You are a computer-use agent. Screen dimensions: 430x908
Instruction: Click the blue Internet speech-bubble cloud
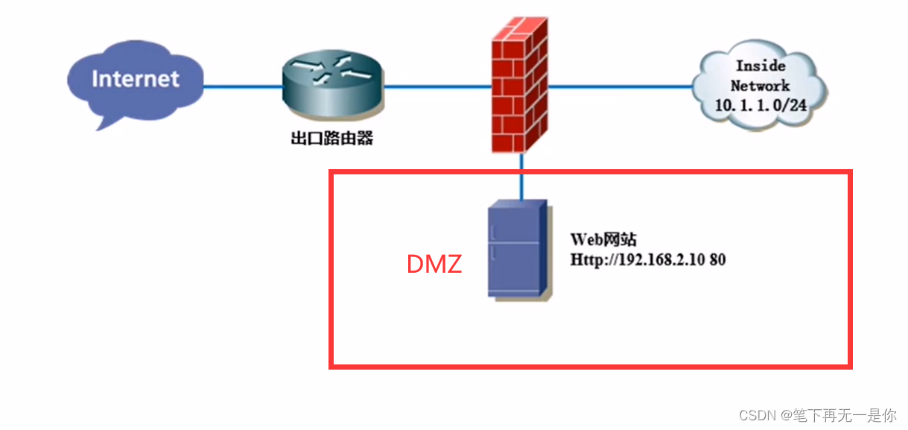point(135,83)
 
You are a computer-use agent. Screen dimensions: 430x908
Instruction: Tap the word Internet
point(136,79)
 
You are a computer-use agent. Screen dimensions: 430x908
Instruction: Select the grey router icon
point(332,87)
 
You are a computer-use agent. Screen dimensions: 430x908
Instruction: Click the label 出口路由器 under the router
point(331,139)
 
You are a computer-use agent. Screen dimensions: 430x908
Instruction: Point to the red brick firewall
point(520,85)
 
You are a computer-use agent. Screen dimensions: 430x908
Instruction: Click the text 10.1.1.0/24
point(761,105)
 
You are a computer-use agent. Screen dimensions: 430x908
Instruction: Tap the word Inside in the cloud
point(761,66)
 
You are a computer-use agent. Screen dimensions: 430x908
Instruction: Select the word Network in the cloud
point(761,85)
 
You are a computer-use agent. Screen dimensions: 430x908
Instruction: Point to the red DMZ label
point(434,264)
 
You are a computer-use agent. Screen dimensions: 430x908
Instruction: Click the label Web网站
point(603,240)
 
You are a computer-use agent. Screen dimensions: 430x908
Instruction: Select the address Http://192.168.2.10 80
point(648,260)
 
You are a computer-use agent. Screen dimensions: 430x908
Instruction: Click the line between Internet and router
point(243,86)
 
